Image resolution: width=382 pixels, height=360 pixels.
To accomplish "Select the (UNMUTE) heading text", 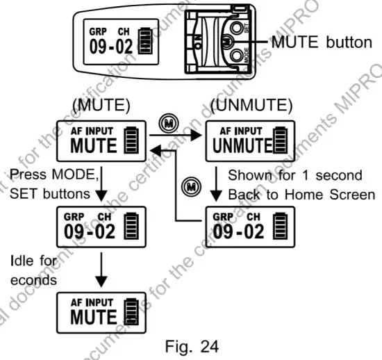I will click(x=256, y=108).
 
